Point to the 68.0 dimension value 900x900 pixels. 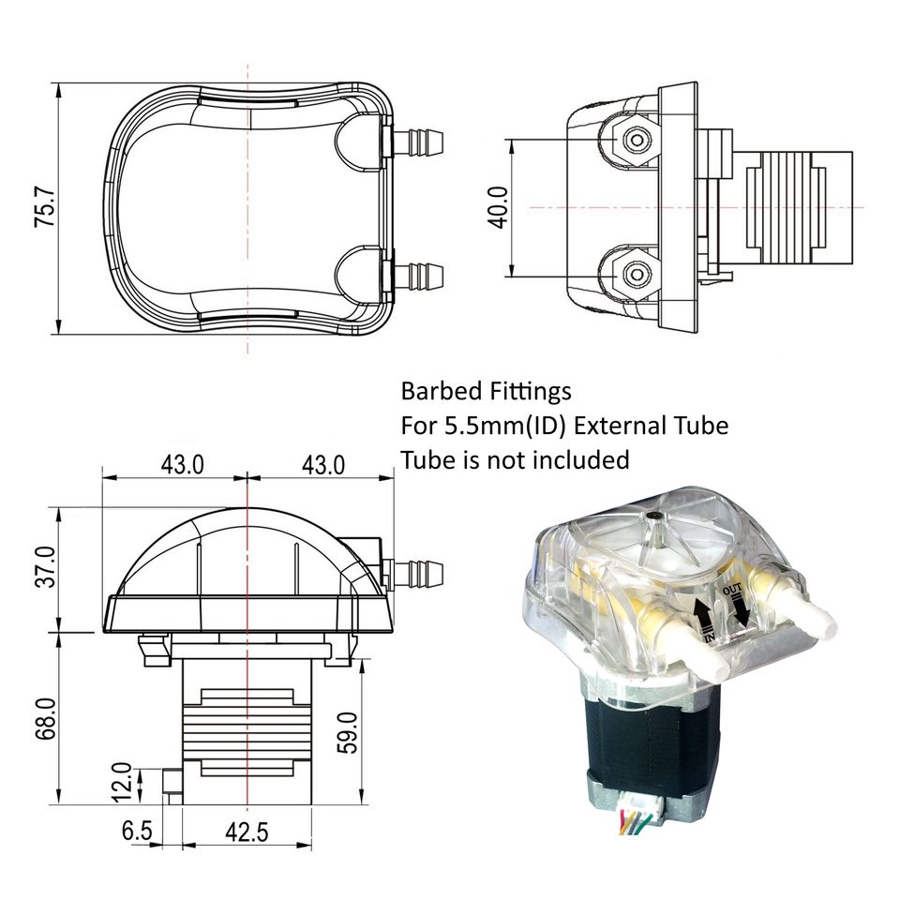click(x=45, y=719)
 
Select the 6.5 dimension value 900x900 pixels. click(x=137, y=831)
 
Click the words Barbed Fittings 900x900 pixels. click(x=486, y=390)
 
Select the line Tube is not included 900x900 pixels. click(x=514, y=459)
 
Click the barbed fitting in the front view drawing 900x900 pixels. click(x=417, y=570)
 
